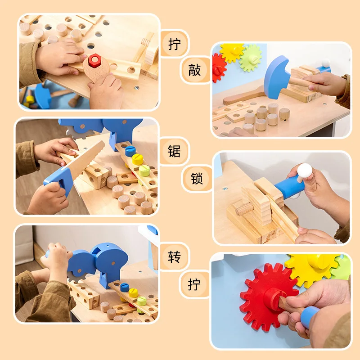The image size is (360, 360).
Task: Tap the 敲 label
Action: pyautogui.click(x=195, y=70)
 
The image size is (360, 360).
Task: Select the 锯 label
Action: pyautogui.click(x=174, y=151)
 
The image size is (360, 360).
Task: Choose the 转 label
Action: pyautogui.click(x=174, y=257)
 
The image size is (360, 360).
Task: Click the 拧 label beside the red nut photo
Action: pyautogui.click(x=174, y=44)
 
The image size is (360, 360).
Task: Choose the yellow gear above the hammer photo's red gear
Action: pyautogui.click(x=232, y=52)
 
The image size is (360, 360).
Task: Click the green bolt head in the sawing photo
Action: pyautogui.click(x=144, y=170)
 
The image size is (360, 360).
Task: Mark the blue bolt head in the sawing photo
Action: pyautogui.click(x=130, y=151)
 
